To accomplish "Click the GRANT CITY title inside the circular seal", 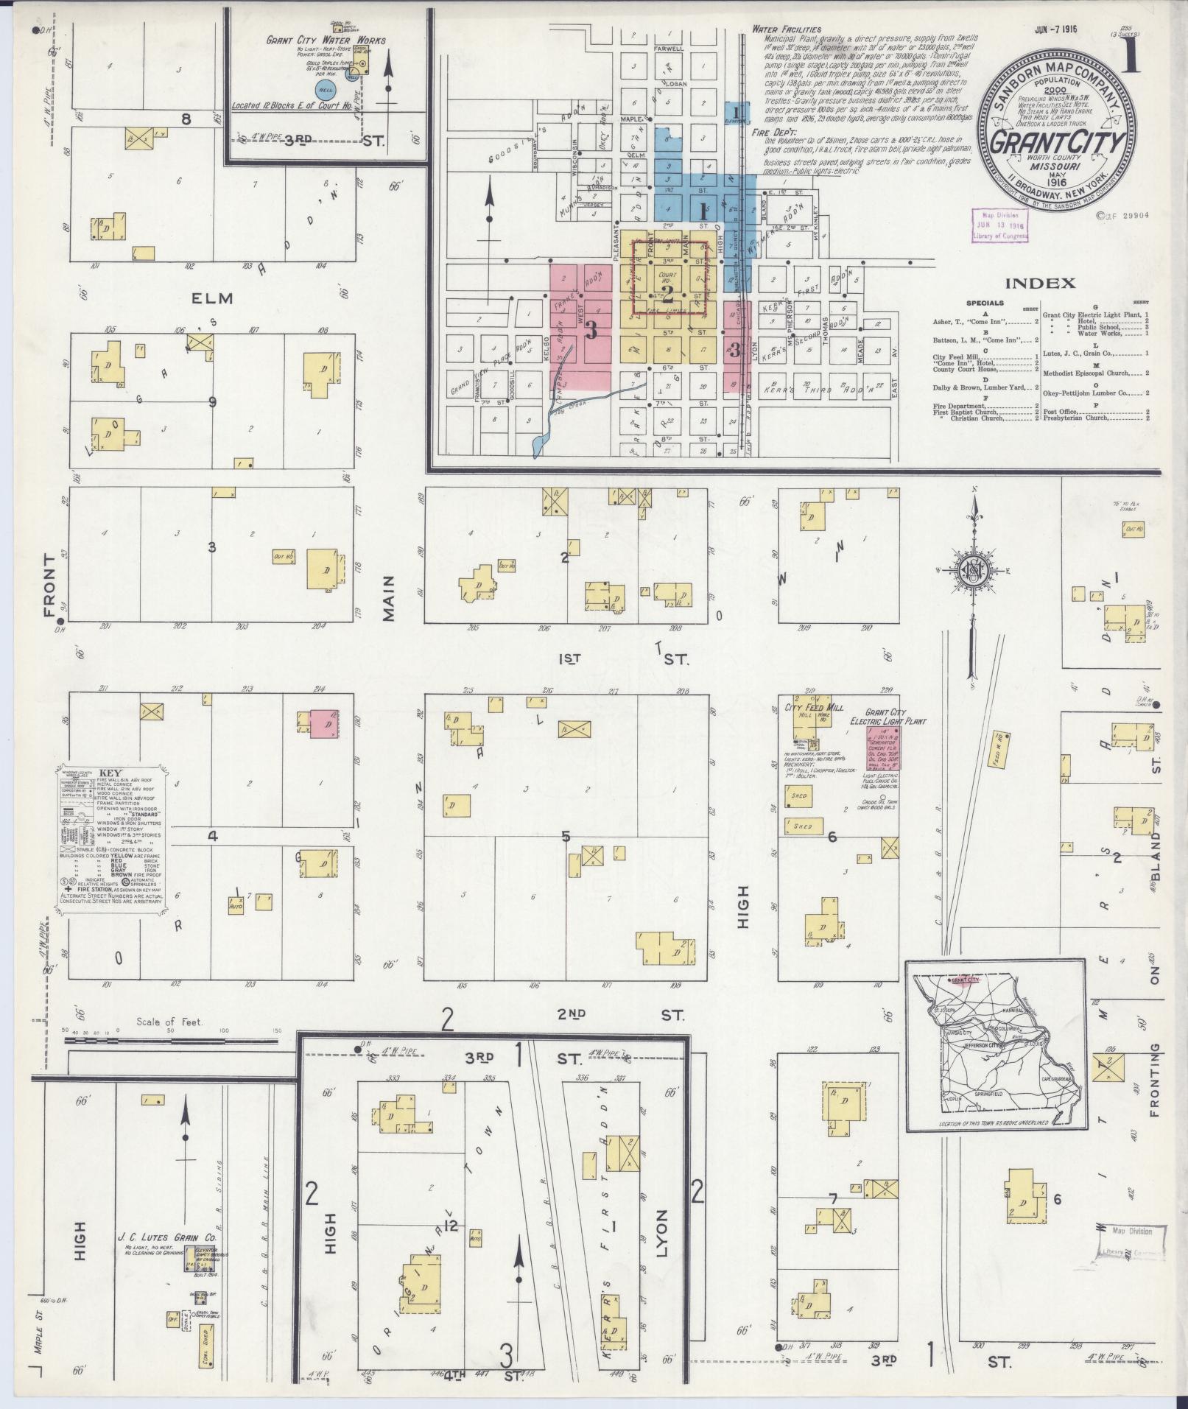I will [x=1056, y=142].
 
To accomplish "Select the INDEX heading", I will [x=1040, y=283].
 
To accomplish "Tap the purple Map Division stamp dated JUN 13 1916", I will [x=998, y=224].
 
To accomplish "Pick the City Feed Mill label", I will [x=814, y=707].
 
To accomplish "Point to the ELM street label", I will [x=212, y=298].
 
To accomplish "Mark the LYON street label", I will [x=660, y=1233].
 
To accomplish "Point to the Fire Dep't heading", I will [x=769, y=133].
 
